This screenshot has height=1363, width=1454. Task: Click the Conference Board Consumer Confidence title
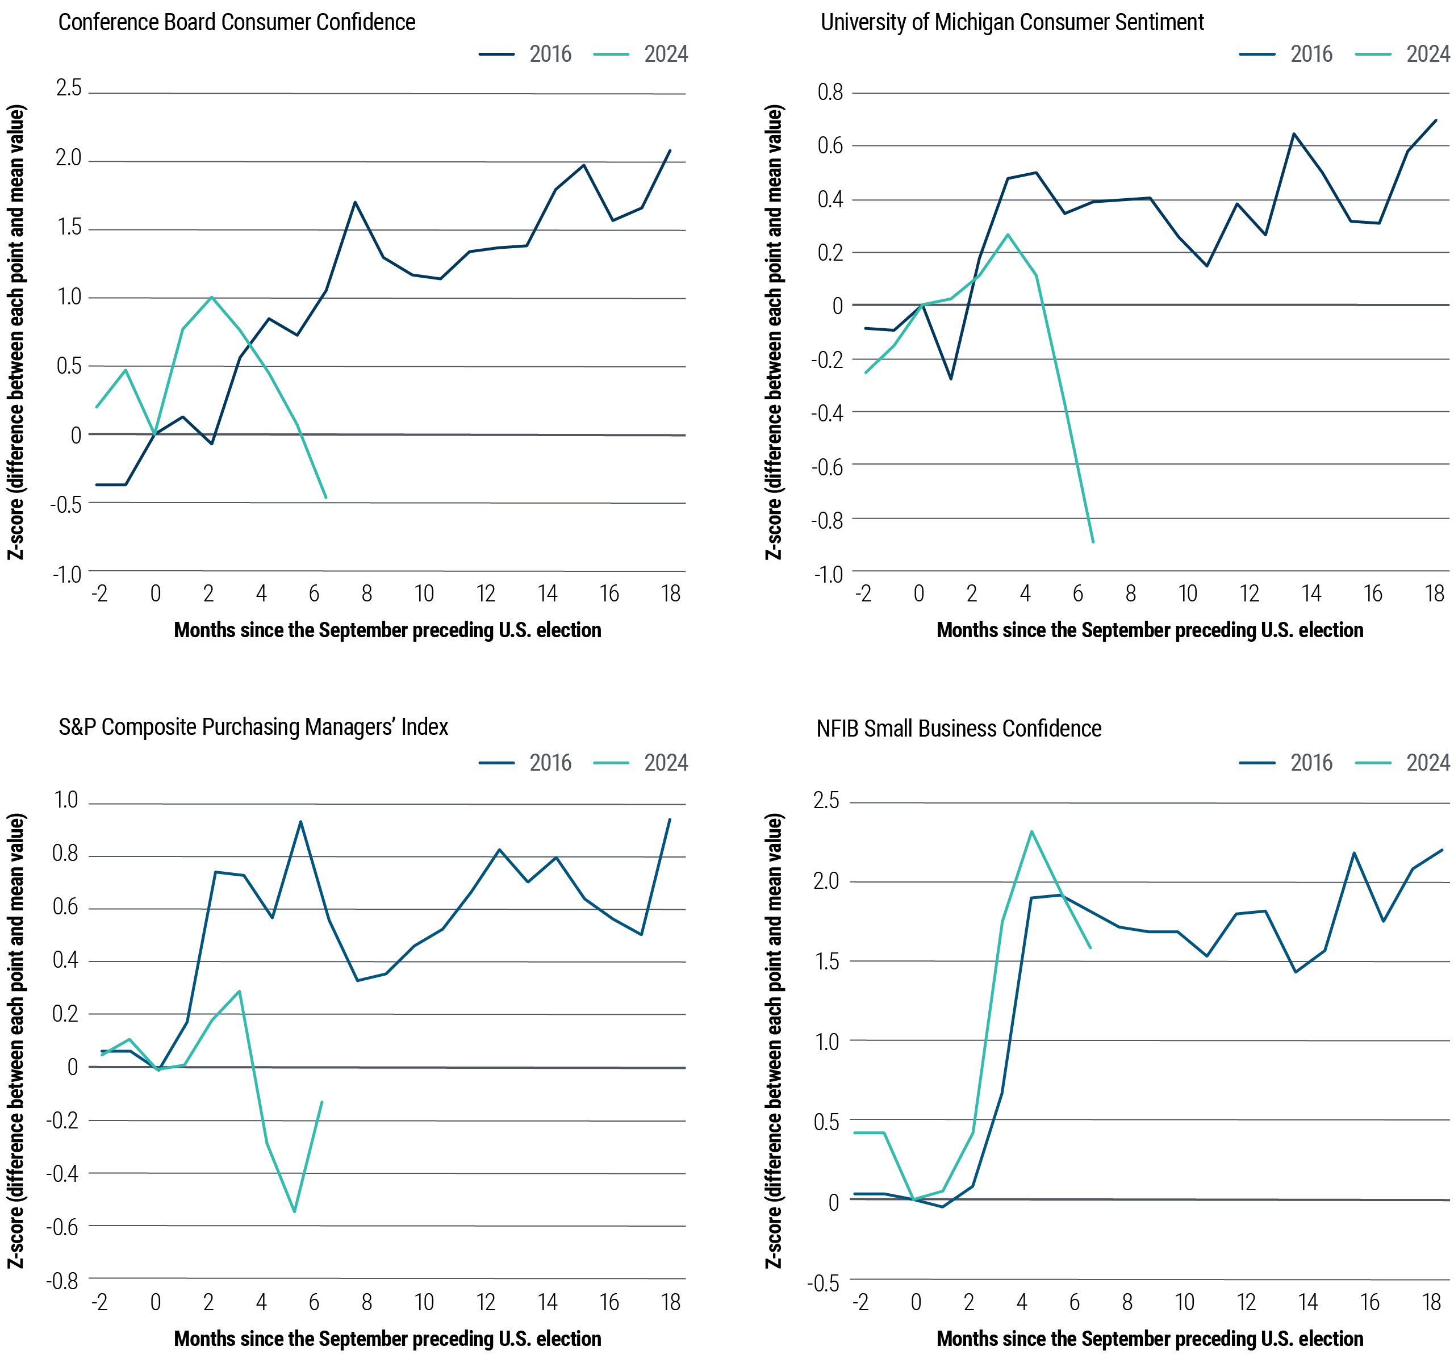236,23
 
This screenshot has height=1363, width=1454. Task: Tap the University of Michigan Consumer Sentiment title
1012,23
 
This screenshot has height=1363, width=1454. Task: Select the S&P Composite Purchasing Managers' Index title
253,727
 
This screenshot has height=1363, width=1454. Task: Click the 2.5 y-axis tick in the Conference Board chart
69,89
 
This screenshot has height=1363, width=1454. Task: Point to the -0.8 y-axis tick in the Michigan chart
827,521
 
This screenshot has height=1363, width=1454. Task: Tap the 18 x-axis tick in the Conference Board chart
671,593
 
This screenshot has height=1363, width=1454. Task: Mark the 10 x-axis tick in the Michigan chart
1188,593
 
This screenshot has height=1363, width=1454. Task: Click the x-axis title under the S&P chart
387,1339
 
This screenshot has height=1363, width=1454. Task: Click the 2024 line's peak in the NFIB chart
1031,831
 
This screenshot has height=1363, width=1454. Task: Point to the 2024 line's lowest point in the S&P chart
294,1211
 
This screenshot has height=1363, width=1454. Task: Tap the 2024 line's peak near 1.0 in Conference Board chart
211,297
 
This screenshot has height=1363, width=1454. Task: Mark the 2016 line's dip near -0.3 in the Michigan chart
951,379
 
